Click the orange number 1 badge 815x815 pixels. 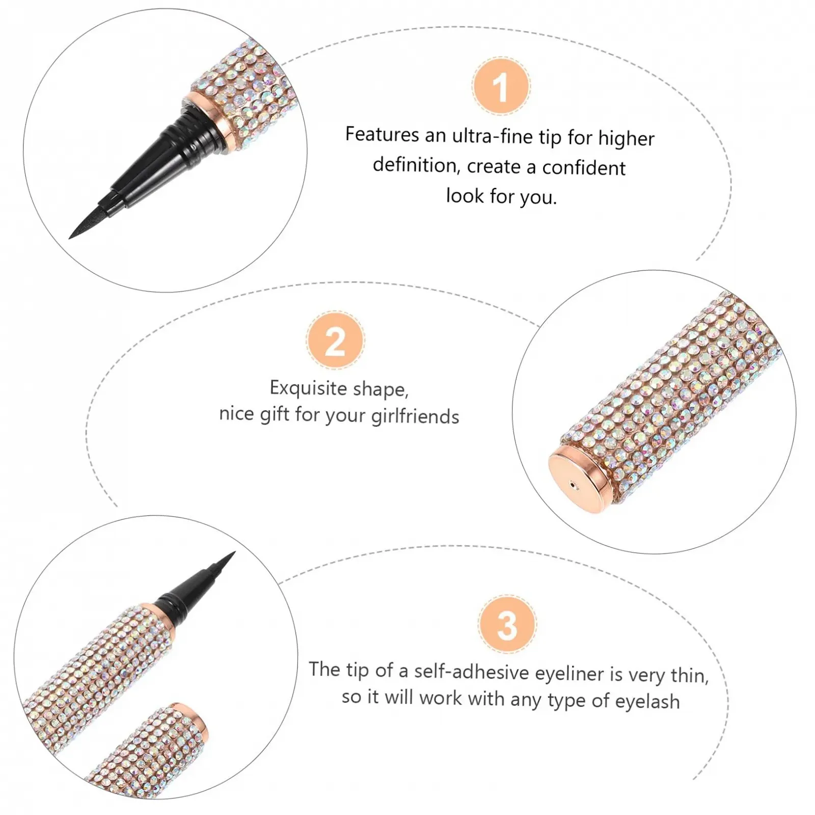501,87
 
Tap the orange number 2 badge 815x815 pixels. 336,340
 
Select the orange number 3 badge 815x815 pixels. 507,624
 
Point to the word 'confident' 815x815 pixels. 584,168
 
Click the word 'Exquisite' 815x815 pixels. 308,388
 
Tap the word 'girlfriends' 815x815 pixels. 415,417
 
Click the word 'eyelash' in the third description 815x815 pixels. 647,701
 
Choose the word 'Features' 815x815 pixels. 382,134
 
